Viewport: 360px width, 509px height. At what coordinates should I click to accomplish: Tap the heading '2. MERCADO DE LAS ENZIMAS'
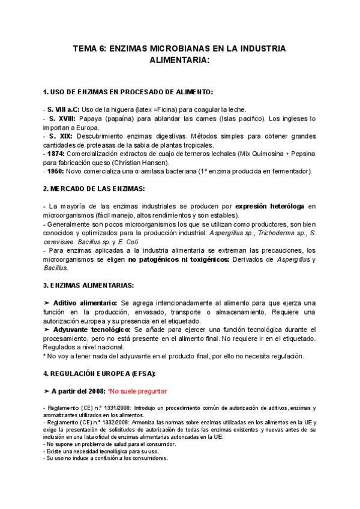[x=94, y=188]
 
